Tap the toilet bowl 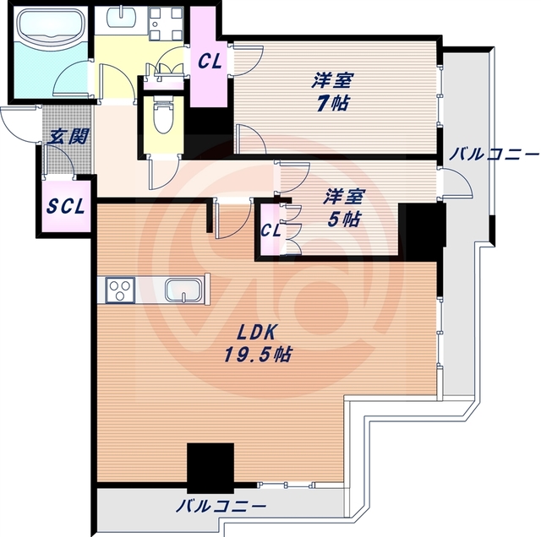164,116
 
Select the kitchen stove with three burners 120,290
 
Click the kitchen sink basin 183,290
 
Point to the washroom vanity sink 122,17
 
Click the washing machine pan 166,23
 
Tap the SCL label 66,207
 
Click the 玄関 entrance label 68,137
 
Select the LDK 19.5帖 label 258,344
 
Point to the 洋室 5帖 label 343,208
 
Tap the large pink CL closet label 210,62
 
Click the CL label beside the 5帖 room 270,231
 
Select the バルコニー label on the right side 494,155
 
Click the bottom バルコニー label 221,507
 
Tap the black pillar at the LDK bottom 210,469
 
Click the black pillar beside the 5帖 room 422,231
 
